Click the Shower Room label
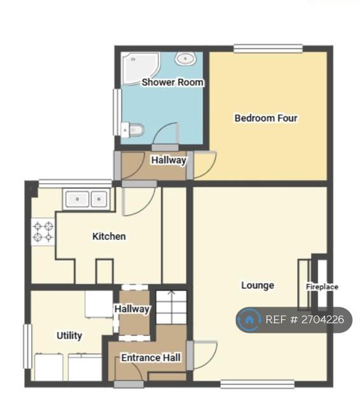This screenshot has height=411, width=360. click(172, 82)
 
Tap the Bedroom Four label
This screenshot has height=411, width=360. click(266, 118)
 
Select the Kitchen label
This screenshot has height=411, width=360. click(109, 236)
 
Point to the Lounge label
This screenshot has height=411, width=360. click(258, 285)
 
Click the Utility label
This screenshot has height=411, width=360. click(69, 335)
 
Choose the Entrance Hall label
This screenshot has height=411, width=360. click(151, 358)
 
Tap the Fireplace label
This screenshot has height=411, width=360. click(322, 287)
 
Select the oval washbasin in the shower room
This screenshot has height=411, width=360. click(185, 59)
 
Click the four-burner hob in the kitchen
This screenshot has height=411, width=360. click(43, 232)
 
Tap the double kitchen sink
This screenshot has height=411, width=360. click(87, 199)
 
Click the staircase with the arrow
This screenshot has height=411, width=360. click(172, 307)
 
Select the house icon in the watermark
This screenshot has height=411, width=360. click(249, 320)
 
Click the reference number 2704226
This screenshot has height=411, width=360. click(322, 320)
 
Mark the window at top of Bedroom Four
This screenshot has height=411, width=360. click(268, 49)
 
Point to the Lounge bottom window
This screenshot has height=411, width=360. click(258, 384)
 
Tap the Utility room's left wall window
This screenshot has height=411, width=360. click(27, 347)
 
